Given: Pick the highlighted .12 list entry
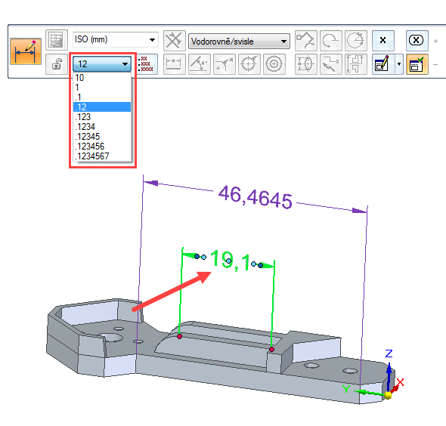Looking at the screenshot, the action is click(x=102, y=107).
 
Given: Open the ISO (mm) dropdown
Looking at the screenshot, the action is click(x=115, y=39).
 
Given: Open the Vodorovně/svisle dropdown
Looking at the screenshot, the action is click(x=239, y=42).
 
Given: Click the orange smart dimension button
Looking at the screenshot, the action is click(x=26, y=51).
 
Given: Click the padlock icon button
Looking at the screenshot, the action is click(x=57, y=64).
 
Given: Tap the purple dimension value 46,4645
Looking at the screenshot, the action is click(x=256, y=197).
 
